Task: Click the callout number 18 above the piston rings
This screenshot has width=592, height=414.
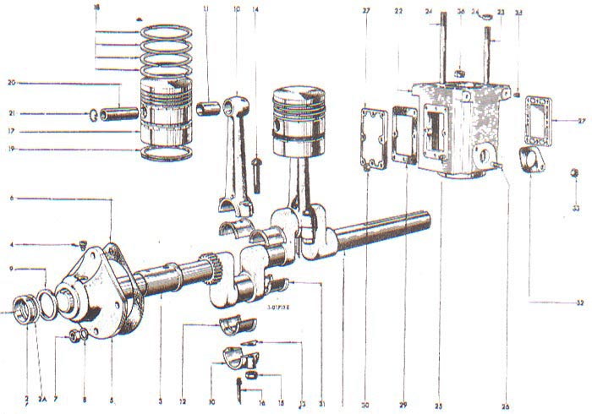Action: tap(96, 7)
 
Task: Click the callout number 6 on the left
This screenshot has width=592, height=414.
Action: tap(11, 198)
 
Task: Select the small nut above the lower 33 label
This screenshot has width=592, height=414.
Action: tap(573, 174)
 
